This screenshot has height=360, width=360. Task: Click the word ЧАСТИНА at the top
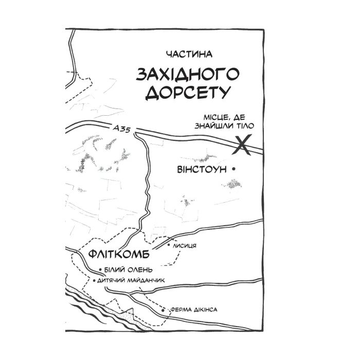189,53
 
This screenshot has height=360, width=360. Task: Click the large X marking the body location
243,145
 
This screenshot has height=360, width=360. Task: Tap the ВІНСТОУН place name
202,170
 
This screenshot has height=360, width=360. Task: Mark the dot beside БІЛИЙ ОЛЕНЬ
100,269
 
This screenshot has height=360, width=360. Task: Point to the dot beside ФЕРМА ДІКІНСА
164,311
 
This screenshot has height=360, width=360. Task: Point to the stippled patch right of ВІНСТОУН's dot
236,183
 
